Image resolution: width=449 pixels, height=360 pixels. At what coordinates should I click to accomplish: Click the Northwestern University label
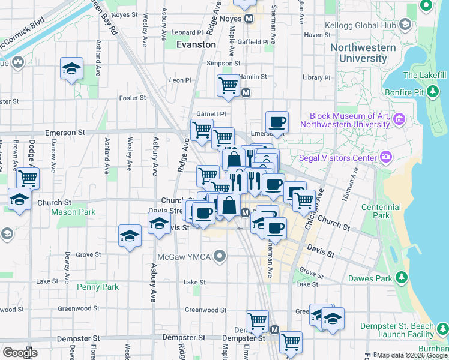tap(363, 53)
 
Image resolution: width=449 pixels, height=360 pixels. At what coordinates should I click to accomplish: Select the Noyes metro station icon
tap(248, 19)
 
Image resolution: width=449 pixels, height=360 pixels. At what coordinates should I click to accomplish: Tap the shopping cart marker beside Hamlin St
tap(229, 85)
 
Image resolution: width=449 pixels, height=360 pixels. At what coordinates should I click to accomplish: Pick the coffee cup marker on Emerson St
tap(277, 122)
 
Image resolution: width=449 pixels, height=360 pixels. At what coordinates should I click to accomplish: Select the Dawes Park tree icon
tap(402, 278)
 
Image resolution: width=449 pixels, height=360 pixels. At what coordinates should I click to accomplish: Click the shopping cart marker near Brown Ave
tap(28, 178)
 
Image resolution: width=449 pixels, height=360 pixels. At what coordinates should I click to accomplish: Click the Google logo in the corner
tap(20, 352)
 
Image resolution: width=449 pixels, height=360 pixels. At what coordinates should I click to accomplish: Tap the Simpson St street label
tap(223, 62)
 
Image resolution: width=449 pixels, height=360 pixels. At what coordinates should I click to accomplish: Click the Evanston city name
tap(196, 44)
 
